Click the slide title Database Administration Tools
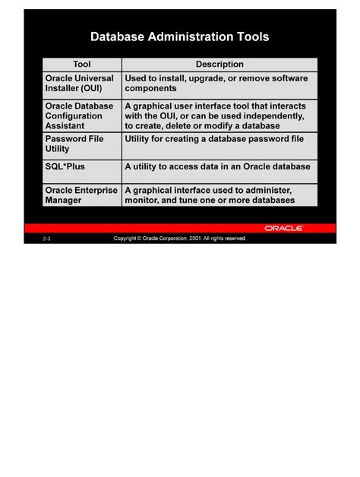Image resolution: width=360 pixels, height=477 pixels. pos(179,36)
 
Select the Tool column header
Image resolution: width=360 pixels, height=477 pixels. pos(81,65)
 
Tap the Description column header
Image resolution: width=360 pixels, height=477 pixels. pos(219,65)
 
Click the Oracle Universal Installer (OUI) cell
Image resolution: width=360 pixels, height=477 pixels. pos(80,84)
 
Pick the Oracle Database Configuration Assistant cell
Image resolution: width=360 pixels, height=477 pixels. pos(80,116)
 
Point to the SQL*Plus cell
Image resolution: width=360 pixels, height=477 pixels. pos(65,166)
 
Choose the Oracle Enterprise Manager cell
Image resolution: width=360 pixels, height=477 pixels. pos(81,195)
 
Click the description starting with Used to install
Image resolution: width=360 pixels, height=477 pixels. pos(216,84)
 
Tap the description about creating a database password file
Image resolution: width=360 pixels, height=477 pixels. pos(214,140)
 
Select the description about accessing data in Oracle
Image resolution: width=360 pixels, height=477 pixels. pos(217,166)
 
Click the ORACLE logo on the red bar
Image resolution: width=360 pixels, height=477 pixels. pos(284,227)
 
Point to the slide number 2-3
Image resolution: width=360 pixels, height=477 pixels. pos(48,238)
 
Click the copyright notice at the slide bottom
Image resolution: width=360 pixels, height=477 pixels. pos(180,238)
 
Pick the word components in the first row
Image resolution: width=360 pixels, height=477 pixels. pos(150,88)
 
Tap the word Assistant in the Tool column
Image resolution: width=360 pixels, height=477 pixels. pos(65,126)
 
